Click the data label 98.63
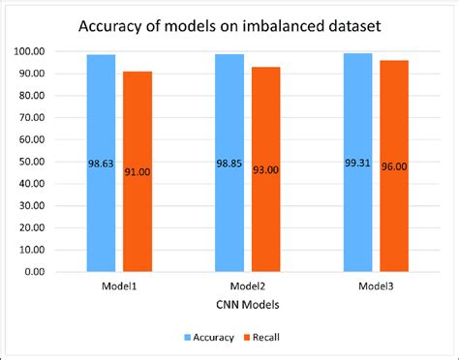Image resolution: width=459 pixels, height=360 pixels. coord(100,164)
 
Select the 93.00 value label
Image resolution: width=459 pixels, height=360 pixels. coord(266,170)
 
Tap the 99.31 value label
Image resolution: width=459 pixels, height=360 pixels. coord(357,164)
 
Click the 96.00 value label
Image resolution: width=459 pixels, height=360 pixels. coord(394,167)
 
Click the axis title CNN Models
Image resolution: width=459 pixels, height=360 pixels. coord(247,305)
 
